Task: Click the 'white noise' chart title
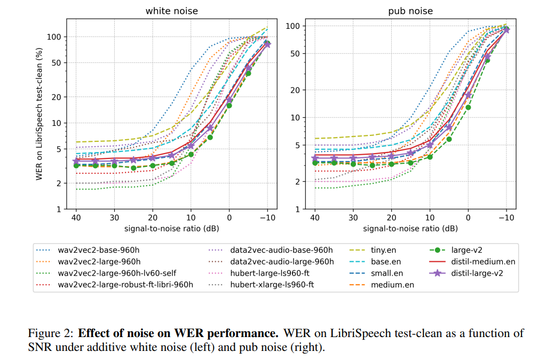click(172, 11)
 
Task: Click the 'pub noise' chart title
click(410, 11)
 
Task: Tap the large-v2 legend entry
click(466, 250)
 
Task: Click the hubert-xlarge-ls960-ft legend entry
click(272, 285)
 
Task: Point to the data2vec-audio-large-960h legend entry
click(282, 261)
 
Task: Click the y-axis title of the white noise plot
click(40, 114)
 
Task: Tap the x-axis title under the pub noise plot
click(410, 228)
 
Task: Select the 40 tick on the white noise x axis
click(76, 218)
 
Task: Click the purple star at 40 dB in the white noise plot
click(76, 161)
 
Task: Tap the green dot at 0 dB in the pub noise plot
click(468, 107)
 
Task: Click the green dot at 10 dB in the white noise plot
click(191, 154)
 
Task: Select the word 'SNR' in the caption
click(39, 347)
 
